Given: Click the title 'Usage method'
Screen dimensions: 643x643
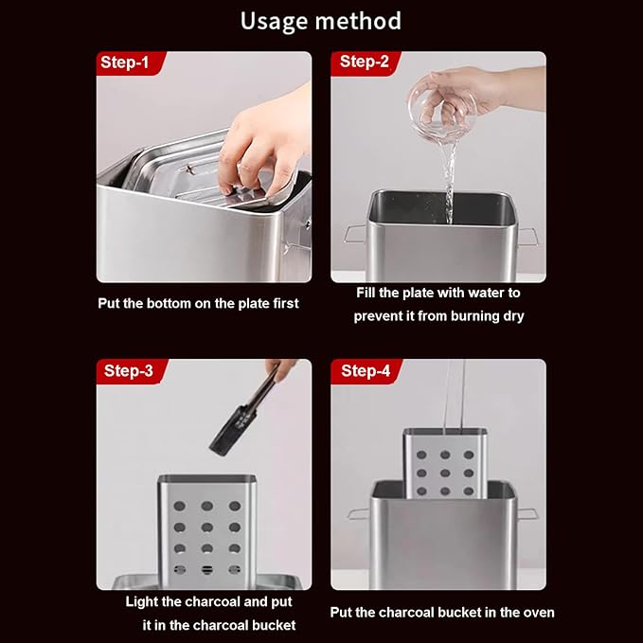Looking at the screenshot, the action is click(x=321, y=22).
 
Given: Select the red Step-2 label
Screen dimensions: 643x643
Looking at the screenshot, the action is click(x=365, y=63).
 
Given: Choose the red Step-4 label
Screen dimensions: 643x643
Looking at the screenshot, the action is click(x=366, y=371).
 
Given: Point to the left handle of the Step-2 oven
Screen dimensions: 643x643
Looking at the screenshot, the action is click(x=355, y=234).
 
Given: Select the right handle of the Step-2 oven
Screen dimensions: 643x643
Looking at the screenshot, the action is click(x=527, y=237).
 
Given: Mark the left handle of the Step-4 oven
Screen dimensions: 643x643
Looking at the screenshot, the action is click(x=359, y=514).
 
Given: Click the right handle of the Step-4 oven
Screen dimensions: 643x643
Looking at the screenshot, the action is click(x=527, y=513).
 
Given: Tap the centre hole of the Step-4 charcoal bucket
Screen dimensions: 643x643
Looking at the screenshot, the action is click(x=445, y=473).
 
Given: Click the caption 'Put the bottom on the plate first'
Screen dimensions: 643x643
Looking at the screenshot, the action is click(x=198, y=303).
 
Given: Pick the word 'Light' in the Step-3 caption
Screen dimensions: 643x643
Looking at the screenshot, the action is click(x=141, y=601).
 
